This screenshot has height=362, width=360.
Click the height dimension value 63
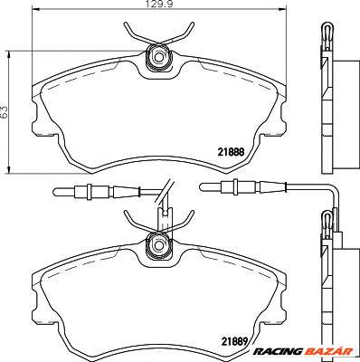pos(4,112)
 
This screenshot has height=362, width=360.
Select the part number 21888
pos(231,153)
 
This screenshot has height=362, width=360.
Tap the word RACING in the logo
pos(278,351)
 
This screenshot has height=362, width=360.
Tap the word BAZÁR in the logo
pos(328,351)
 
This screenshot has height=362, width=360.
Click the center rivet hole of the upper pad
pos(157,56)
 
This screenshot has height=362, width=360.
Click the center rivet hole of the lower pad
pos(157,244)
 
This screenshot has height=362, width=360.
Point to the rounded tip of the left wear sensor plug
pos(54,191)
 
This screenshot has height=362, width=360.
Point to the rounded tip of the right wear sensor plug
pos(201,186)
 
